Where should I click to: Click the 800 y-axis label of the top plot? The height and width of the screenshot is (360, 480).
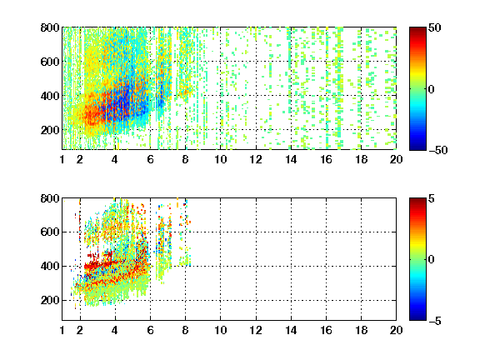point(50,27)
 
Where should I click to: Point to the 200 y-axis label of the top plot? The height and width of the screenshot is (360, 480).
point(50,130)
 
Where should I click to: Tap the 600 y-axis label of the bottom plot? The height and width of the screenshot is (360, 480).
point(50,232)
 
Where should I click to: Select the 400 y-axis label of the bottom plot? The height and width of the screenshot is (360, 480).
point(50,266)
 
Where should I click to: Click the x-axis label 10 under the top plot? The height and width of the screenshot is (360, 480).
point(220,159)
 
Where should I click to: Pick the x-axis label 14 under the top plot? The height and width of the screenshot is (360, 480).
point(291,159)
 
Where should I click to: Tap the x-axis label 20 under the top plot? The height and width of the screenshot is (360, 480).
point(396,159)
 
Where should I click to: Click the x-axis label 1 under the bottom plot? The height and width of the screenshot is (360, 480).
point(62,330)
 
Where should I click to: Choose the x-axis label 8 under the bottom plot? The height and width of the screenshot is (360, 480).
point(186,330)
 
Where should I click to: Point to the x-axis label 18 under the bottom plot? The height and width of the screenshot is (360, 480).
point(361,330)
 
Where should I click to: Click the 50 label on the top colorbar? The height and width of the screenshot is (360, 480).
point(435,27)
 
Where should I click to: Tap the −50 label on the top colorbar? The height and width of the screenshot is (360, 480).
point(438,150)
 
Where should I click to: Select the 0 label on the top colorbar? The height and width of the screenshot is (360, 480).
point(432,89)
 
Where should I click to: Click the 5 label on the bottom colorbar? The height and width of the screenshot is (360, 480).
point(432,198)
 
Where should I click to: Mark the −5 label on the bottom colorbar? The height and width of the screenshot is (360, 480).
point(435,321)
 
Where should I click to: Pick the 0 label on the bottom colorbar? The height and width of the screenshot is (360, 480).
point(432,260)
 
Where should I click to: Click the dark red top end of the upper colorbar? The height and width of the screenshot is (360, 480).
point(417,29)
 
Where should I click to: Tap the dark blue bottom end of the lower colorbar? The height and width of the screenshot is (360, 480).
point(417,318)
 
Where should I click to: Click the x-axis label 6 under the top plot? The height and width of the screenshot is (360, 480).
point(150,159)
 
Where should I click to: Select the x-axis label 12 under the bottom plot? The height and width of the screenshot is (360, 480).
point(256,330)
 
